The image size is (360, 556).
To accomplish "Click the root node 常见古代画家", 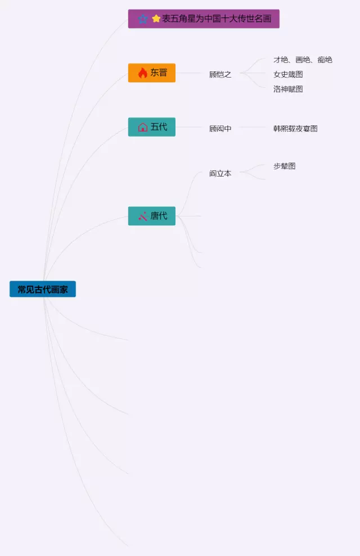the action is (43, 290).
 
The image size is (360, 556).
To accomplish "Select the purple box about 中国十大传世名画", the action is (204, 19).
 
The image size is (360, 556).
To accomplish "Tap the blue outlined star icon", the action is (143, 19).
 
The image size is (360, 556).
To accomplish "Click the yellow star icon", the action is (156, 19).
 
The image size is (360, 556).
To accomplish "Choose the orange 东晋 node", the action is (152, 73).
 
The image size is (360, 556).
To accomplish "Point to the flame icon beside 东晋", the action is (142, 73).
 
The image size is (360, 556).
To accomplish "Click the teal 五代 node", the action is (152, 127).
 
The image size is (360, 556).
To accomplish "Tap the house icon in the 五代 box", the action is (142, 127).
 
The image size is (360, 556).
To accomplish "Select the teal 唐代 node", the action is (152, 216).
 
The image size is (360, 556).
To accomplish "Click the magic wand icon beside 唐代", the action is (142, 216).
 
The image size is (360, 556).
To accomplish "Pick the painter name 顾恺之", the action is (220, 74).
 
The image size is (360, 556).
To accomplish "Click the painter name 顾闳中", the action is (220, 129).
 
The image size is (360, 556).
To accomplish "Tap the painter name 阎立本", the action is (220, 174).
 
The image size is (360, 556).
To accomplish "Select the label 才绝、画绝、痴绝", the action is (303, 60).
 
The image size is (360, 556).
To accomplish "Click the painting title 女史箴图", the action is (288, 74).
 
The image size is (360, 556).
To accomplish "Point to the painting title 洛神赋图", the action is (288, 89).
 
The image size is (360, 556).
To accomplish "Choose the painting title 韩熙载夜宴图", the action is (295, 129).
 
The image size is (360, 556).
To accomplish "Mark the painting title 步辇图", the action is (284, 166).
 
